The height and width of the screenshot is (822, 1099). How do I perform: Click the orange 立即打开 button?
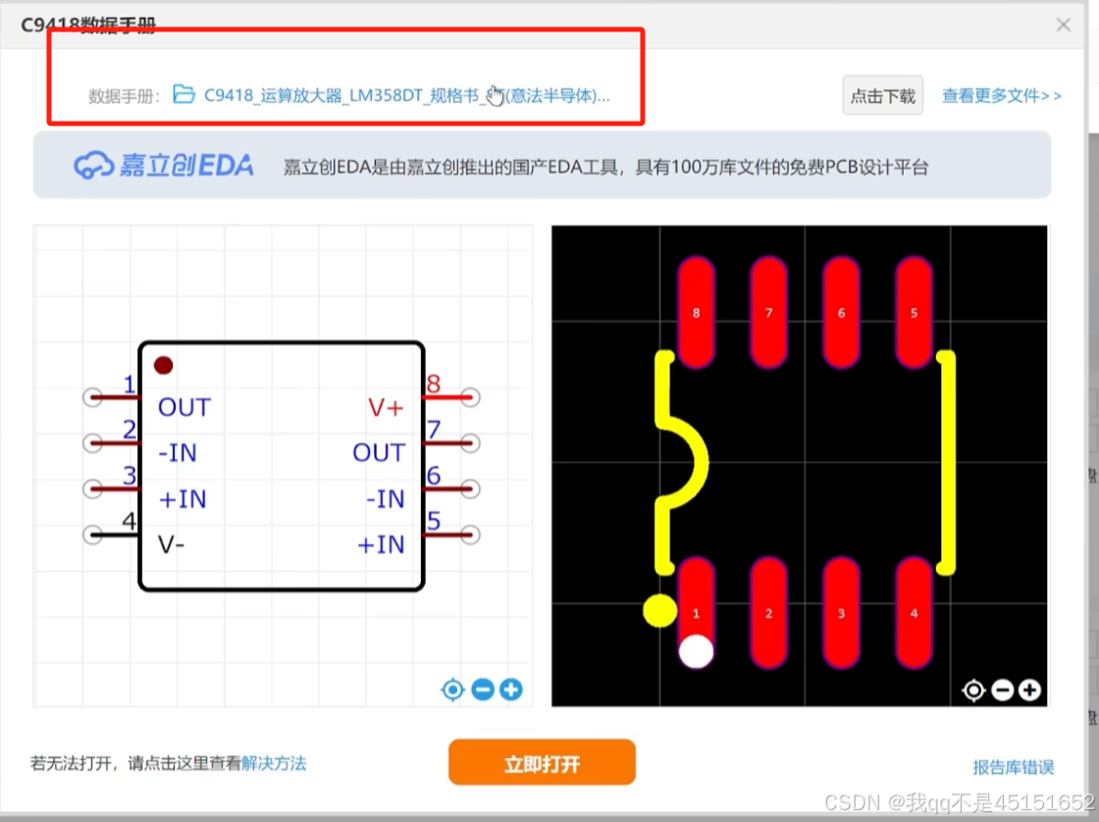pos(542,763)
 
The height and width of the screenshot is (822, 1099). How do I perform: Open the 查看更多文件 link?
pos(1001,95)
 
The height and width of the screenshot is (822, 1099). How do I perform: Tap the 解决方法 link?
pos(274,762)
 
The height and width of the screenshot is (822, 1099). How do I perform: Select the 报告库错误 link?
pos(1013,767)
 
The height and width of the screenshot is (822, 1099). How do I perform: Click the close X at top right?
pos(1064,25)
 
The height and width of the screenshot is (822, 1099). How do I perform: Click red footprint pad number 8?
pos(696,311)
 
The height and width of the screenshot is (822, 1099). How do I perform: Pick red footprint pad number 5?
pos(914,311)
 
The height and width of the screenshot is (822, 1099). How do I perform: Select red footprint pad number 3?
pos(841,613)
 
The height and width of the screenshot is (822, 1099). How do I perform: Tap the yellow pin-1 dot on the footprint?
pos(659,610)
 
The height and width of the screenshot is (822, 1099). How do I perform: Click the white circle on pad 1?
pos(696,651)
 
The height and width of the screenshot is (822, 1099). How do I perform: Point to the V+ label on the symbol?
pos(386,407)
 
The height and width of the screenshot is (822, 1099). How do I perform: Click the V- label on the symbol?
pos(172,544)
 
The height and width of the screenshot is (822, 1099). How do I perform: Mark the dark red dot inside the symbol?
pos(163,365)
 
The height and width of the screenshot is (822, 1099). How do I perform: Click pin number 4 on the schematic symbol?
pos(129,522)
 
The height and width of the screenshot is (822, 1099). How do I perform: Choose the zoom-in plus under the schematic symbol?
pos(510,690)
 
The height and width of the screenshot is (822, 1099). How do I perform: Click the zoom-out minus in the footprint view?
pos(1002,691)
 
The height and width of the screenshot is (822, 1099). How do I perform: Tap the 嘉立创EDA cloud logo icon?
pos(93,165)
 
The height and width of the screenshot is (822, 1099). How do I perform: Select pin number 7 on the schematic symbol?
pos(433,430)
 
